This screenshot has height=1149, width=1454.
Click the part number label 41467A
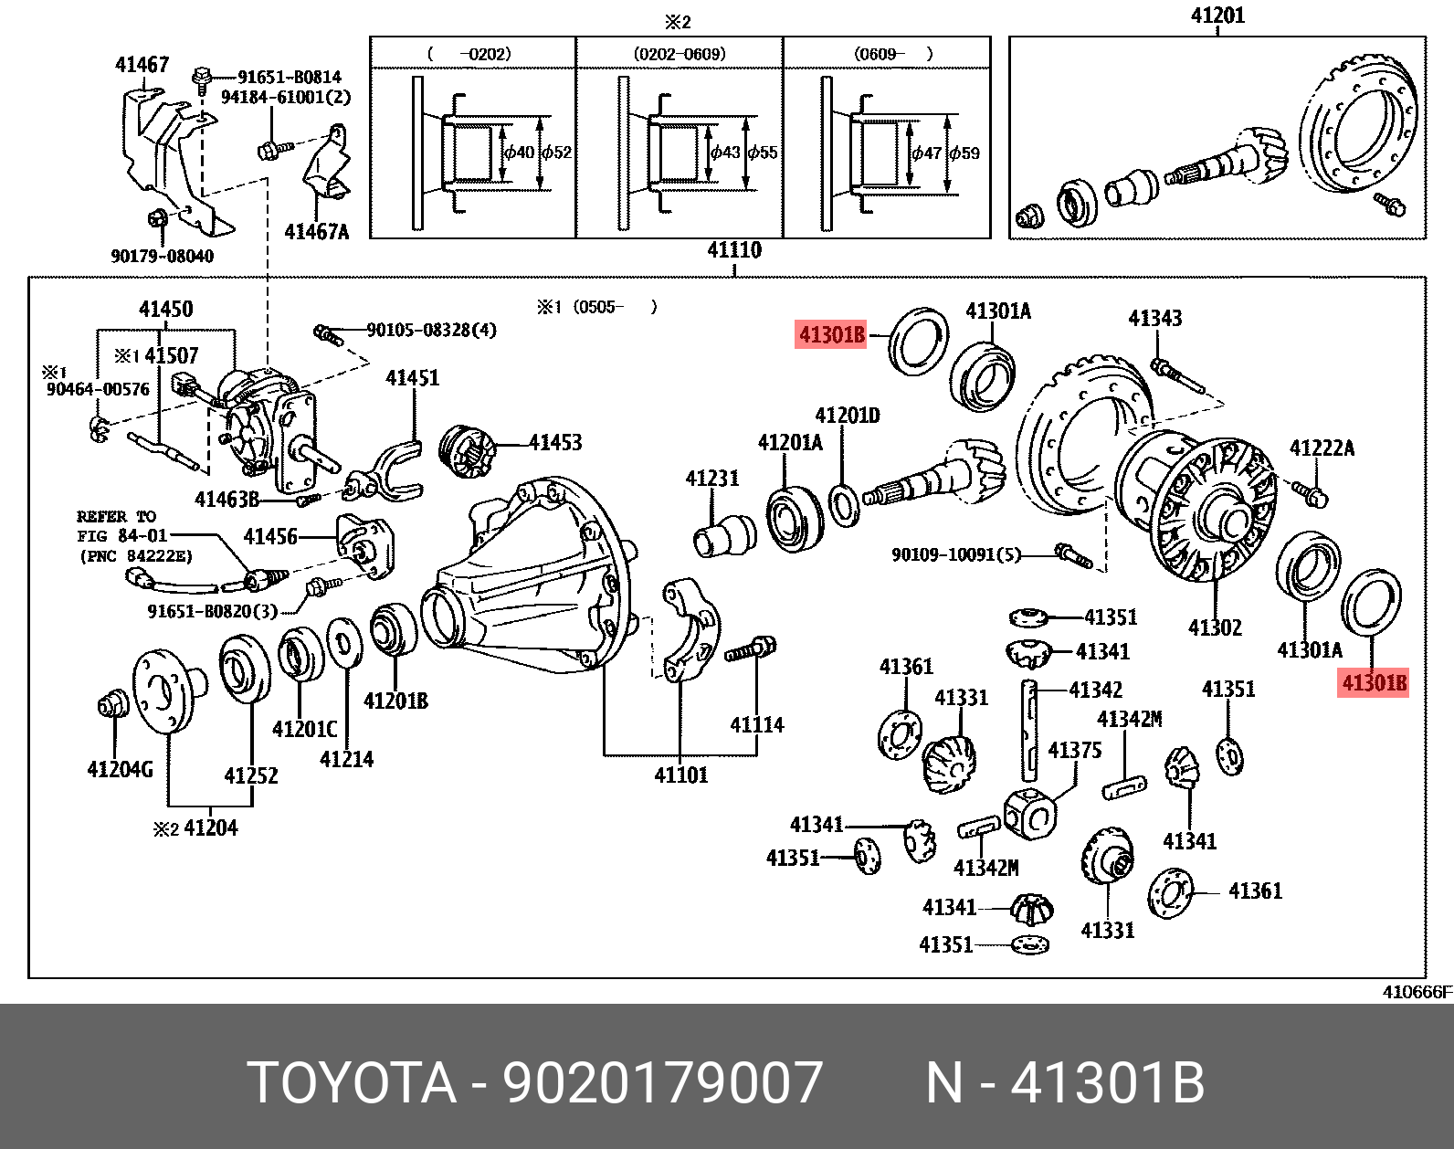[316, 231]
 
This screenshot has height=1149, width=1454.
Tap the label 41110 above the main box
[733, 250]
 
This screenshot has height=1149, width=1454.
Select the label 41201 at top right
[1217, 16]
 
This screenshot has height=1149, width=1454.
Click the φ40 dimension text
[519, 153]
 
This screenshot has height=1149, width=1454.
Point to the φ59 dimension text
[964, 153]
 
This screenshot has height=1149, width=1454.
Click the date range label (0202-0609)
[679, 54]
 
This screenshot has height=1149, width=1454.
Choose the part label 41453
[554, 443]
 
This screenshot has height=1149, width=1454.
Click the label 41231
[712, 479]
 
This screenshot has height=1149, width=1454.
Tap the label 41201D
[847, 416]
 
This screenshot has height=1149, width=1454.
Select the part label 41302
[1215, 627]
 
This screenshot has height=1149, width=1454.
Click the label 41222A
[1322, 448]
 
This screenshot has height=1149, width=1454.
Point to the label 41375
[1074, 751]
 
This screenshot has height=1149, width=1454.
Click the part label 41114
[756, 725]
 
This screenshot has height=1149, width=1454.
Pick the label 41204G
[120, 770]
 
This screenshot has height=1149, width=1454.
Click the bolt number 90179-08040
[163, 257]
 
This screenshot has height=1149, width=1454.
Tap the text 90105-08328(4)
[432, 330]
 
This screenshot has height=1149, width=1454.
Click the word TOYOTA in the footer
[353, 1083]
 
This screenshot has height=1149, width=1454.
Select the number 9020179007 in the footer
[663, 1083]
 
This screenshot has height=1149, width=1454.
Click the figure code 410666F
[1417, 992]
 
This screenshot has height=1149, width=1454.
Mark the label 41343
[1154, 318]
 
